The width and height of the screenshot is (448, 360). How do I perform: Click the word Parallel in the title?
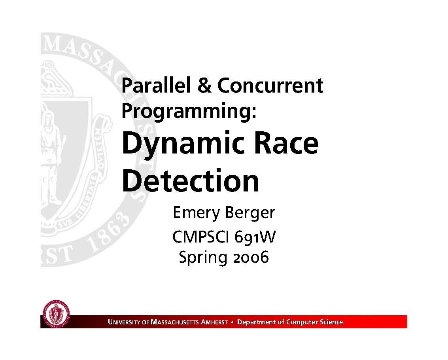156,85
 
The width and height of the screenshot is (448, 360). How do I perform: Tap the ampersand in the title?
204,85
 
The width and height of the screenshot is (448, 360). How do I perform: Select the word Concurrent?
270,85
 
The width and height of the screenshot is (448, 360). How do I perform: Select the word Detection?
191,181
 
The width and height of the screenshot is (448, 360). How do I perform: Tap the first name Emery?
196,213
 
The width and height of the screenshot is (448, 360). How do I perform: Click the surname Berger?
250,213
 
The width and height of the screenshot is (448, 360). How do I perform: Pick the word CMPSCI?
200,237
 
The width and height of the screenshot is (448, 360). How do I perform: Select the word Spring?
203,258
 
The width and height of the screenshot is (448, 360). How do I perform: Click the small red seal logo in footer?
56,314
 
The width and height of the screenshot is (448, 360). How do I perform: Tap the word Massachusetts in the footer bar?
175,322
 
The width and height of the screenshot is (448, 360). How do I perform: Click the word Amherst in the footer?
214,322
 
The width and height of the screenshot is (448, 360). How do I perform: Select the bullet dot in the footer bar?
232,322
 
